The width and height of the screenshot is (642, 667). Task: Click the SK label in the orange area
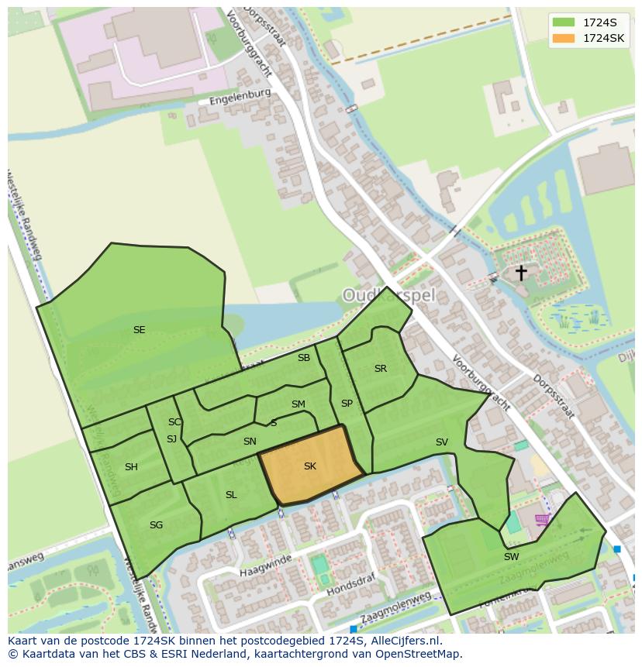pos(309,466)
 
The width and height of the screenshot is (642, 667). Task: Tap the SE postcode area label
pos(139,330)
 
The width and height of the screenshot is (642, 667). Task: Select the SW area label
pos(511,557)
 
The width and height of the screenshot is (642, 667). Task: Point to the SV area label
pos(441,442)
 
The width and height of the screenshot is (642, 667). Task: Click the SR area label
pos(380,369)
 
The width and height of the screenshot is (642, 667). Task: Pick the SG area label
pos(156,525)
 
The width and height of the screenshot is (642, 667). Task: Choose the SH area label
pos(131,467)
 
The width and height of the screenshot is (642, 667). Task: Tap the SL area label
pos(231,495)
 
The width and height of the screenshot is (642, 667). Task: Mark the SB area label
pos(304,358)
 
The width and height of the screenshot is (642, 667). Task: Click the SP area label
pos(347,404)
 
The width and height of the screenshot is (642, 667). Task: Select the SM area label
pos(299,404)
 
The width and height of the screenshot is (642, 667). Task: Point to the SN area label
pos(250,442)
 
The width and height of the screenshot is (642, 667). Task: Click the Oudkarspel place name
pos(389,295)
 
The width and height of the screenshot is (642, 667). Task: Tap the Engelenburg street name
pos(240,97)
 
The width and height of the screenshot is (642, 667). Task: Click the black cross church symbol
pos(521,273)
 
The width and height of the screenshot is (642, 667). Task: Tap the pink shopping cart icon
pos(542,520)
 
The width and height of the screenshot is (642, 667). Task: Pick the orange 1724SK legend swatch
pos(564,38)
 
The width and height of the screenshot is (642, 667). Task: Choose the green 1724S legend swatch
pos(564,22)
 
